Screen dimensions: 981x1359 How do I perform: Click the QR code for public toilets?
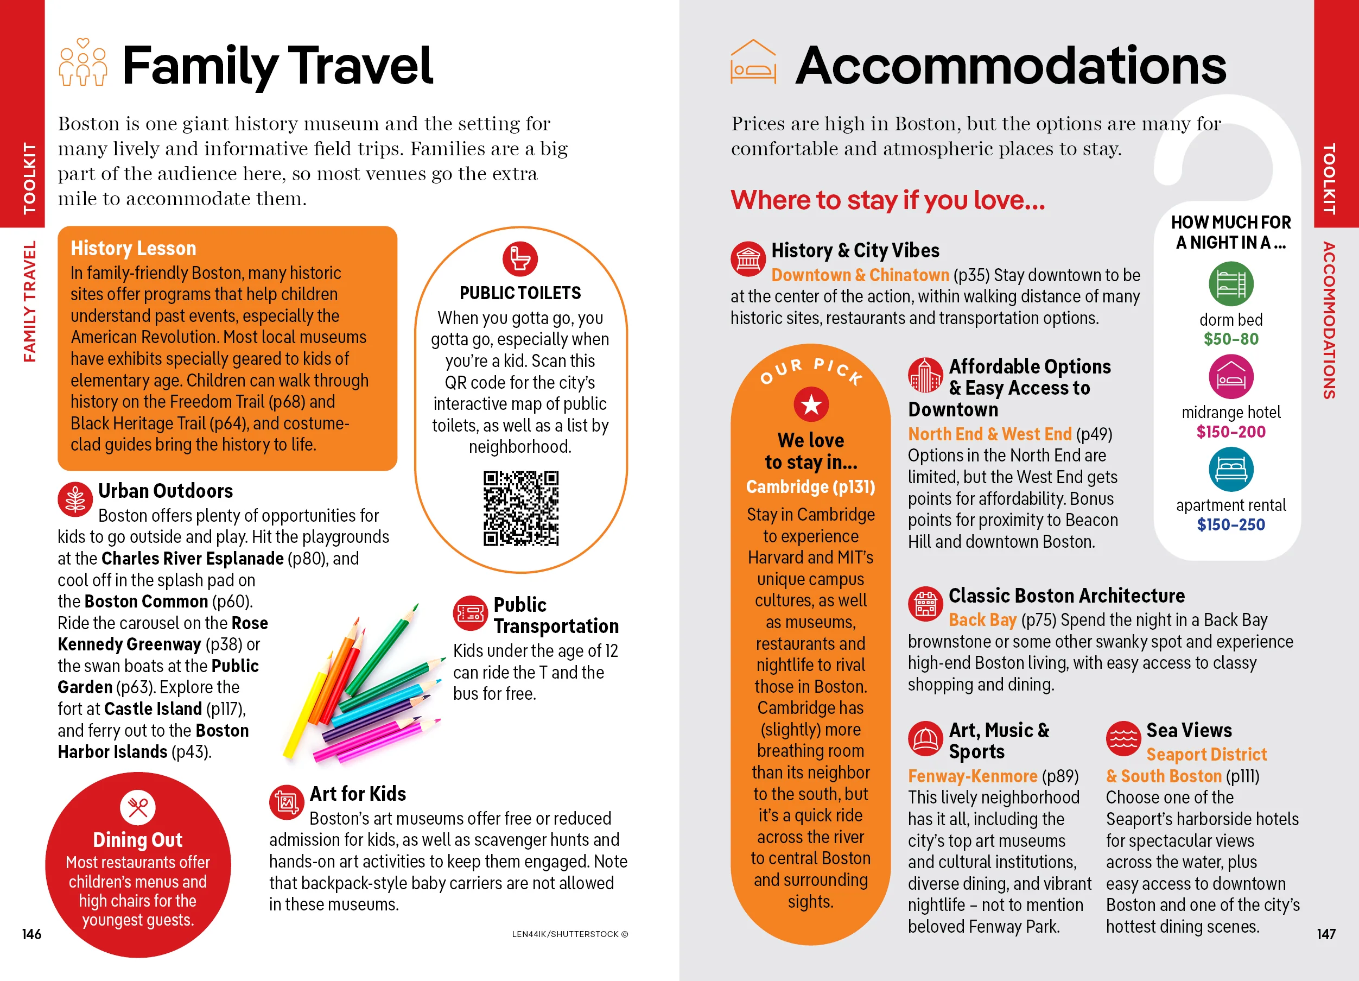pos(520,508)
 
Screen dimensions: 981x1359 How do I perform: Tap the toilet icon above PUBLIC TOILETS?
pos(519,259)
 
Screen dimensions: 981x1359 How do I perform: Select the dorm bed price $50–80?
pos(1231,339)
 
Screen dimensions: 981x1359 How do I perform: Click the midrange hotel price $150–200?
pos(1231,432)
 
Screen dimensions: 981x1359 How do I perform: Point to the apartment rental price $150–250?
pos(1231,525)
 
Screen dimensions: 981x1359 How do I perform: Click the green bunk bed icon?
pos(1231,284)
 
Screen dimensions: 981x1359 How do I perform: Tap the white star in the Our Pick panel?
pos(811,405)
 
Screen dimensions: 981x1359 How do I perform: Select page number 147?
pos(1325,934)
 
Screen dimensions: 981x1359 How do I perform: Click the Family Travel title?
pos(277,66)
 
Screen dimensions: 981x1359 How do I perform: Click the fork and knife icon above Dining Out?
pos(138,807)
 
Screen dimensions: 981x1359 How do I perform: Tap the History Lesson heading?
pos(133,248)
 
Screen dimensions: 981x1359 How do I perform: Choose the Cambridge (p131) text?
pos(810,486)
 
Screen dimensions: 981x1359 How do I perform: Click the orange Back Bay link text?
pos(982,619)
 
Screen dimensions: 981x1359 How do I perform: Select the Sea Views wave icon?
pos(1123,738)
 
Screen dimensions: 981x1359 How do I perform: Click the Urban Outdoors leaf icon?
pos(75,498)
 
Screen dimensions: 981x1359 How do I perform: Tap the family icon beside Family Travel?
pos(83,63)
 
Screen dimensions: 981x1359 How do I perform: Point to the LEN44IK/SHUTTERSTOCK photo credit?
pos(569,934)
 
